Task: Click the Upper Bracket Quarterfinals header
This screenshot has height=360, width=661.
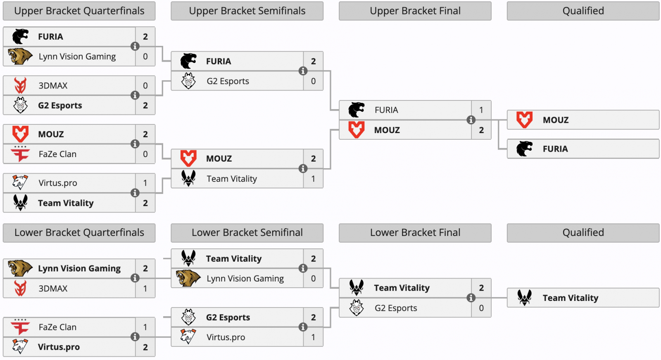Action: coord(79,11)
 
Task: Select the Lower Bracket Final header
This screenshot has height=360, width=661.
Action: coord(415,233)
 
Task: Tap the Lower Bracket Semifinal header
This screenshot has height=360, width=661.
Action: coord(247,233)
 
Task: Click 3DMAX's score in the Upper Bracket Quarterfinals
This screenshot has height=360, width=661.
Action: coord(145,86)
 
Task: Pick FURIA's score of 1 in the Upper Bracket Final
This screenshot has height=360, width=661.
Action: coord(481,110)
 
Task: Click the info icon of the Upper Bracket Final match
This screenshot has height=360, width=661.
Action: coord(471,120)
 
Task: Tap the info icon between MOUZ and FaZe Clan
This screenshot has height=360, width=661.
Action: coord(135,144)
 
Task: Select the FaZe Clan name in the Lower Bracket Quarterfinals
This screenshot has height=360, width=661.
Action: coord(57,327)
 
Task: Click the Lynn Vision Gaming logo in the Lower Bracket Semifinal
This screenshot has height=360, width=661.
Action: coord(188,279)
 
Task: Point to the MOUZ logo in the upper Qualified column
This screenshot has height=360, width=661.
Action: coord(525,120)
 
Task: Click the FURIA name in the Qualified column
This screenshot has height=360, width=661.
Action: coord(555,149)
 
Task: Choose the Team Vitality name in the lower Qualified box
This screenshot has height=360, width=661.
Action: coord(570,298)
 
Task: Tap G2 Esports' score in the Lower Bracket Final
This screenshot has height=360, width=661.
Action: coord(481,308)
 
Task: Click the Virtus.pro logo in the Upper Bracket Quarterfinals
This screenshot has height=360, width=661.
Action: coord(20,183)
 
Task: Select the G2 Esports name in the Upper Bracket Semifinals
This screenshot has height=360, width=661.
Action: coord(228,81)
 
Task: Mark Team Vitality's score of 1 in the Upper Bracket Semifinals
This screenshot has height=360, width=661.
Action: coord(313,179)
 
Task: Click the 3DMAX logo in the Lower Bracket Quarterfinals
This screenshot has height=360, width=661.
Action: coord(20,288)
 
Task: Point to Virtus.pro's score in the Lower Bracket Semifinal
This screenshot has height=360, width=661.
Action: coord(313,337)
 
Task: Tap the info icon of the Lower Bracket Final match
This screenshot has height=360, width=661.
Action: coord(471,298)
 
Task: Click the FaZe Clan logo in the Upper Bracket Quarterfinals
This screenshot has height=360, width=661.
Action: coord(20,154)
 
